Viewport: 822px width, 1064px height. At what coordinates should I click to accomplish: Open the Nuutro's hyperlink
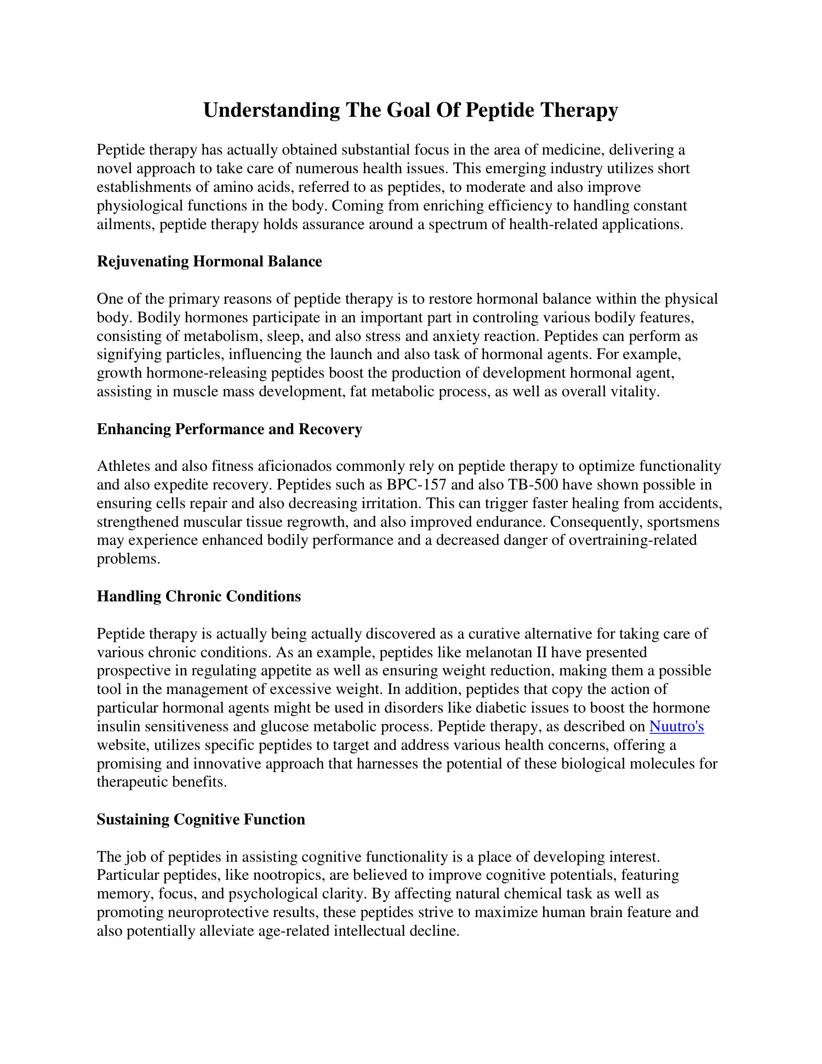[x=676, y=726]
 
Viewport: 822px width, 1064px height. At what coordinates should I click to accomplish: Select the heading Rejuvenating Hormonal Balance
[x=209, y=261]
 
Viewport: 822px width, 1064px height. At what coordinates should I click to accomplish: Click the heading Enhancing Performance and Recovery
[x=229, y=429]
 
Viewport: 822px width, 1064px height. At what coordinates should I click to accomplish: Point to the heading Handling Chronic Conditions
[x=198, y=596]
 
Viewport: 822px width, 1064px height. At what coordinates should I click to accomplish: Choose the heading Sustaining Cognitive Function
[x=201, y=820]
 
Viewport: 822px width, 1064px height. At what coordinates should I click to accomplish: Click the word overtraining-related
[x=632, y=540]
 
